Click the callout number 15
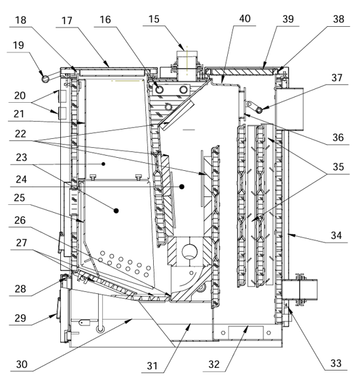click(154, 19)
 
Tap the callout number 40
click(245, 18)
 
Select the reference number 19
click(18, 45)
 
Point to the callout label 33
click(336, 363)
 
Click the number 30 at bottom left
click(22, 364)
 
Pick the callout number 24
click(21, 179)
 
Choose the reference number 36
click(338, 137)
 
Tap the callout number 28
click(20, 289)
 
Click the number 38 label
click(338, 19)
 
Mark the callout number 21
click(19, 114)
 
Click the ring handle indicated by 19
click(45, 79)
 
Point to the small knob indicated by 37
click(259, 111)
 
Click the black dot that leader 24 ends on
click(181, 187)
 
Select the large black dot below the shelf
click(117, 211)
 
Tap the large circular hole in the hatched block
click(190, 252)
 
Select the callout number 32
click(214, 364)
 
